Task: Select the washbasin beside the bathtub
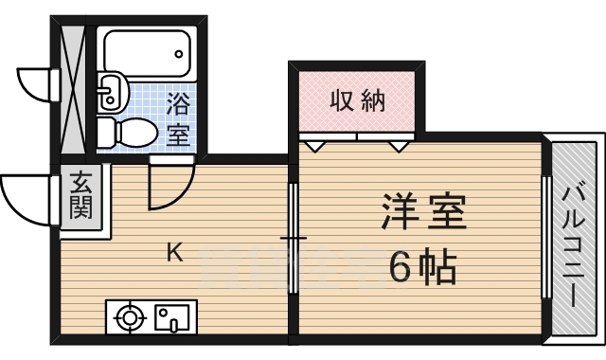tap(110, 92)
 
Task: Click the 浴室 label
tap(177, 117)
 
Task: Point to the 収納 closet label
tap(357, 100)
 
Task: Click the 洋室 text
tap(423, 213)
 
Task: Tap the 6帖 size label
tap(423, 269)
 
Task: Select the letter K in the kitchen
tap(175, 252)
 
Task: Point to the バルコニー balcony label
tap(572, 245)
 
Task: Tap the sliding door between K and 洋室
tap(293, 237)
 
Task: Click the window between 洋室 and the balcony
tap(546, 237)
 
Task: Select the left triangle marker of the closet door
tap(316, 147)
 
